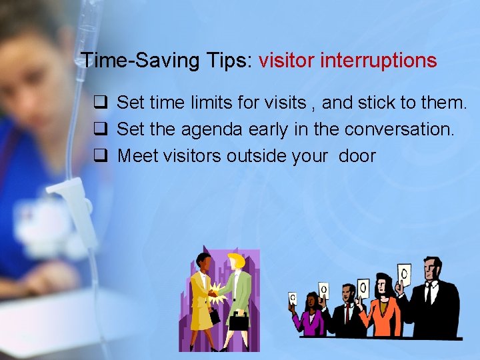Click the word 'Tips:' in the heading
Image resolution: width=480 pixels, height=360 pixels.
click(226, 61)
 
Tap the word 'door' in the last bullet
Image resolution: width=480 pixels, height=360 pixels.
click(357, 156)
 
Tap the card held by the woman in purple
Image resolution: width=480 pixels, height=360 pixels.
click(292, 298)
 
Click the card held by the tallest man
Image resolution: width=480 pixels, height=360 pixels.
click(404, 274)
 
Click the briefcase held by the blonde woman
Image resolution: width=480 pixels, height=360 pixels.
click(238, 322)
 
